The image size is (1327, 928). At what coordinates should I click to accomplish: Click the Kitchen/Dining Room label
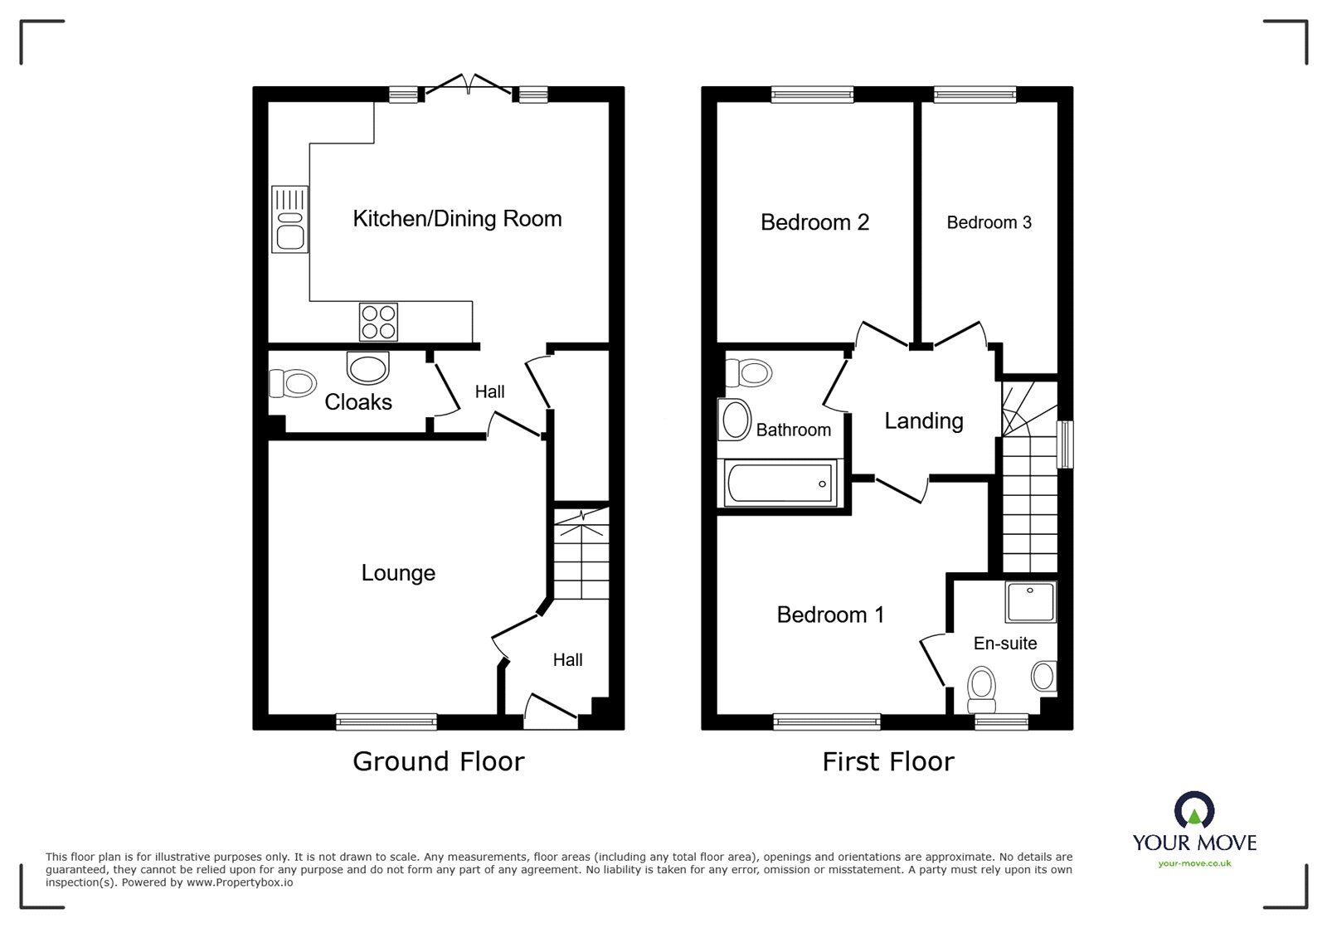pyautogui.click(x=457, y=219)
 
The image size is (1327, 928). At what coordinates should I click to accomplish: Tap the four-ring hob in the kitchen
pyautogui.click(x=378, y=322)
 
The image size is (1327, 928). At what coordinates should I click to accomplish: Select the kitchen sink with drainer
pyautogui.click(x=289, y=219)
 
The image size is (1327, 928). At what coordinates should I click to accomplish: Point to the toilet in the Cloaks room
pyautogui.click(x=293, y=384)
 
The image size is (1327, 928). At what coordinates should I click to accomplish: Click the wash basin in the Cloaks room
pyautogui.click(x=367, y=367)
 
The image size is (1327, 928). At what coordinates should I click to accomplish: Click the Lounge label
pyautogui.click(x=398, y=573)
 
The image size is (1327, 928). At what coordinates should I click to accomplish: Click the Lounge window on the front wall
pyautogui.click(x=386, y=722)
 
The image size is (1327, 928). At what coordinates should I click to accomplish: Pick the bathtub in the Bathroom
pyautogui.click(x=779, y=483)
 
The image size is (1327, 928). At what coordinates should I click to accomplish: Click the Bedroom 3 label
pyautogui.click(x=989, y=222)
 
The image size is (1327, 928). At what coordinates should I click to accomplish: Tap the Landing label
pyautogui.click(x=923, y=421)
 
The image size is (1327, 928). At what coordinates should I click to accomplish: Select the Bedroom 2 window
pyautogui.click(x=812, y=95)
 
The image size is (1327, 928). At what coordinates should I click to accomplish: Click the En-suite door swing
pyautogui.click(x=934, y=658)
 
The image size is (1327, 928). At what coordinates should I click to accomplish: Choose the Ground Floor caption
pyautogui.click(x=438, y=761)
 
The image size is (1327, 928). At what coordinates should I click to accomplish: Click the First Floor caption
pyautogui.click(x=887, y=761)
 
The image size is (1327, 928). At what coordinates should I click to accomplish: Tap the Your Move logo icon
pyautogui.click(x=1194, y=809)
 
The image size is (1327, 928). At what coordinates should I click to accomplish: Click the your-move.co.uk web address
pyautogui.click(x=1194, y=863)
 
